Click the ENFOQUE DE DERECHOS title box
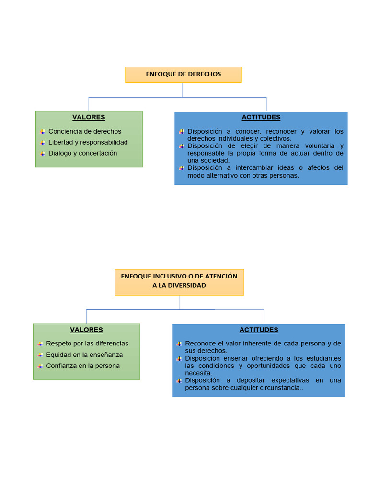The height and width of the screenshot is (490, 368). click(x=184, y=75)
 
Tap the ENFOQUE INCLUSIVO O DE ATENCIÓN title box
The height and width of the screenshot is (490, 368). click(x=179, y=281)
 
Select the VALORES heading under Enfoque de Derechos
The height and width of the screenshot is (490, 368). click(x=89, y=117)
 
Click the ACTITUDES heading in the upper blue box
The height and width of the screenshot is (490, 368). click(x=261, y=117)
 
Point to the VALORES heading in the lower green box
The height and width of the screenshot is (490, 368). click(x=86, y=330)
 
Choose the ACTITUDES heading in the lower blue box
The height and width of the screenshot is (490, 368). click(x=259, y=330)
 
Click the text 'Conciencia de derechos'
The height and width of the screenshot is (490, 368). click(x=85, y=131)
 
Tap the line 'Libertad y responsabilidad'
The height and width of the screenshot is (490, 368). click(x=88, y=142)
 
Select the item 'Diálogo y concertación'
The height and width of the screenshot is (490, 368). click(x=83, y=153)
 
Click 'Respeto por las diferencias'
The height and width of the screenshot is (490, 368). click(x=87, y=344)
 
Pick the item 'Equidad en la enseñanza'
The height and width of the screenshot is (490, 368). click(x=84, y=355)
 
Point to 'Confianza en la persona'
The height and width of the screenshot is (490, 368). click(x=83, y=366)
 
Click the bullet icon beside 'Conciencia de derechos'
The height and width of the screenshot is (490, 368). click(x=42, y=131)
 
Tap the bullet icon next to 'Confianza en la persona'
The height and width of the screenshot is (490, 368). click(x=40, y=366)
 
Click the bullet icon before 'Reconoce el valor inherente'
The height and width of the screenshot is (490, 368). click(x=179, y=344)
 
